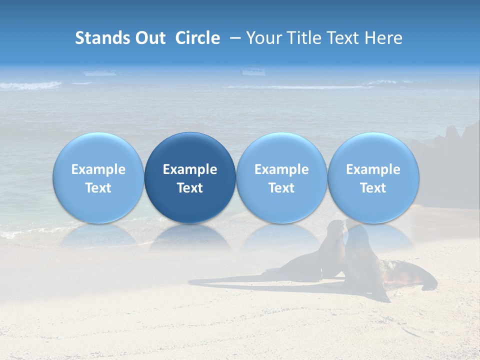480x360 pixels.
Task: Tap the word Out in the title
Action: (x=149, y=38)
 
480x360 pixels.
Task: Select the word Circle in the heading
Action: (x=197, y=38)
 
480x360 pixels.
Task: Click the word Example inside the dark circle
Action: (x=190, y=169)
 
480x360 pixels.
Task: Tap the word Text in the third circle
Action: (x=281, y=188)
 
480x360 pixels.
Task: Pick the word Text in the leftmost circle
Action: (x=98, y=188)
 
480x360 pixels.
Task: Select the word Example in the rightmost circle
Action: (x=373, y=169)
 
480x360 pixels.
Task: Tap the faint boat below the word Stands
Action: (x=100, y=73)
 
